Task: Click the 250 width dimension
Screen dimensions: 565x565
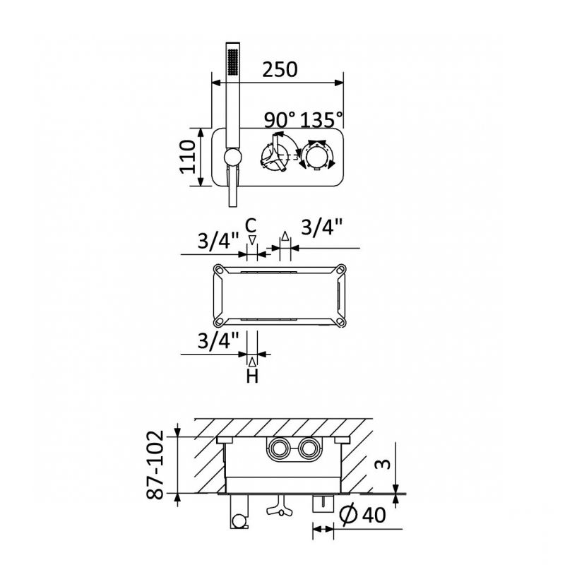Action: pos(280,69)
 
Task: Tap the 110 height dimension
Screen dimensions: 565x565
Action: pos(187,157)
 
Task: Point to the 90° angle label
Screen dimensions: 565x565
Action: pos(280,120)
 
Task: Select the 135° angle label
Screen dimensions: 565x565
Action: pos(321,119)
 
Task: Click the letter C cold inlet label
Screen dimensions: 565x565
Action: pos(251,226)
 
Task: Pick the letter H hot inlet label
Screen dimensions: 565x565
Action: pos(252,377)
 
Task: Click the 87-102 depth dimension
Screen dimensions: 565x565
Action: pos(155,465)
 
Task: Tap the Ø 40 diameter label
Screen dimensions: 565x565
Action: pos(362,515)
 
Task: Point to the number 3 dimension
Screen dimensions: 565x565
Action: pos(383,464)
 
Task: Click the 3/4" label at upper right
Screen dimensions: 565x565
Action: pos(321,227)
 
